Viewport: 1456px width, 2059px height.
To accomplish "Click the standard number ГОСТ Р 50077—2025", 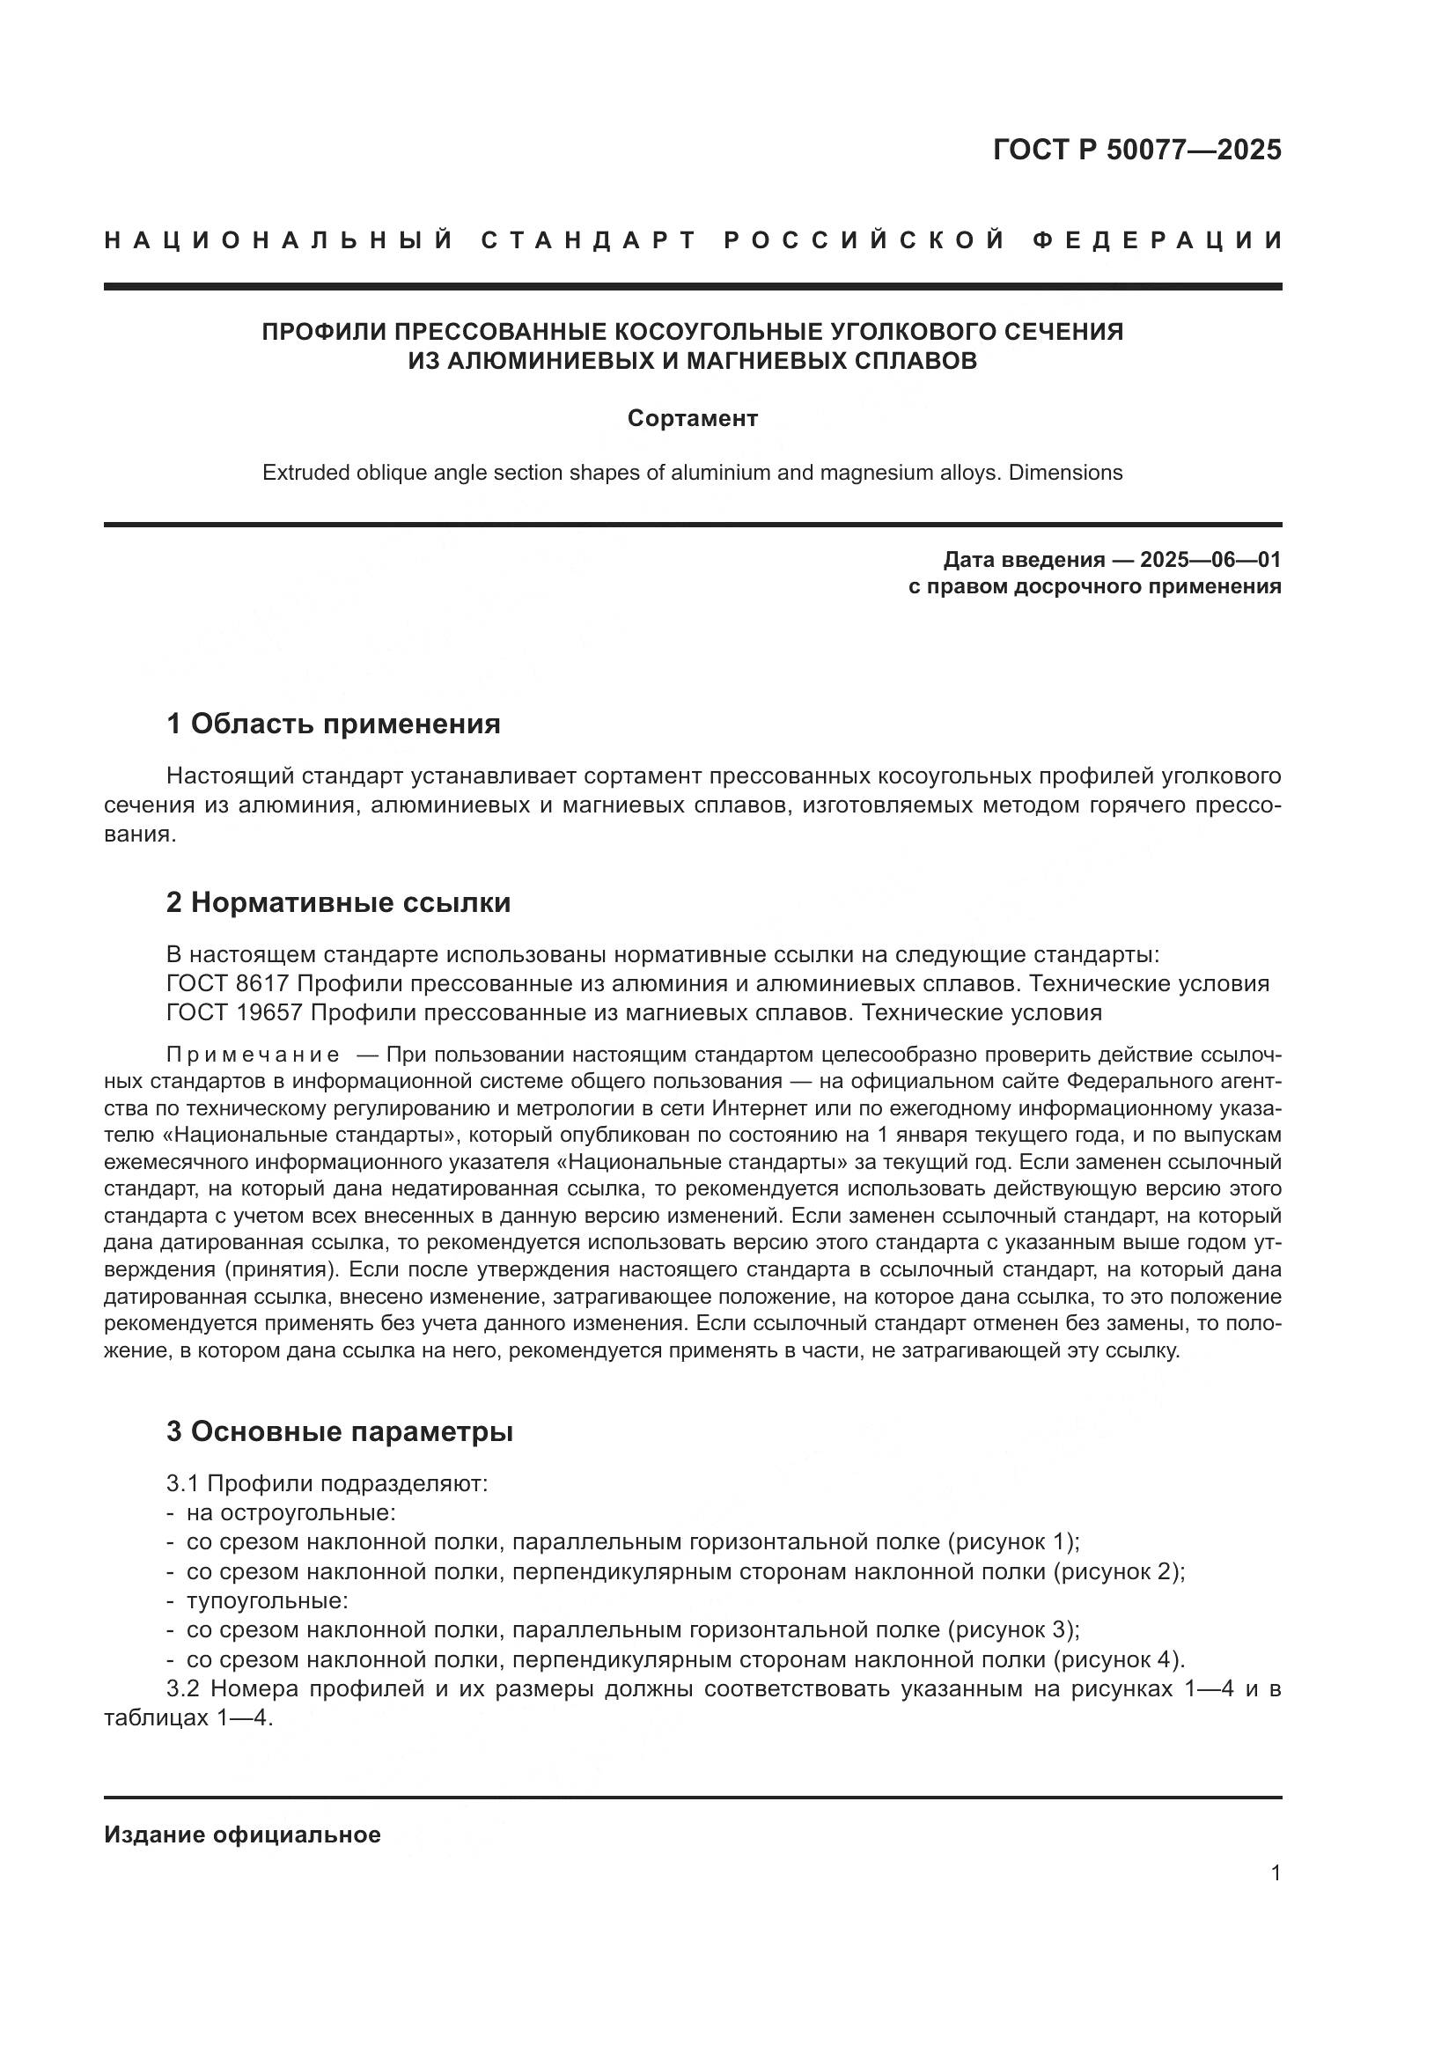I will pos(1136,150).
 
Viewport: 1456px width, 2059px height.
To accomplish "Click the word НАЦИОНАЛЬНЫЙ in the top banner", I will pos(279,240).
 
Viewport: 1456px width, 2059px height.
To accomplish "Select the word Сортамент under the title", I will pos(692,419).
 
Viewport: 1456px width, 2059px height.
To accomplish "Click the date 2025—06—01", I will pos(1210,561).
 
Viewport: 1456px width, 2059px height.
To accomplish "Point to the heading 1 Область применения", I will pos(333,723).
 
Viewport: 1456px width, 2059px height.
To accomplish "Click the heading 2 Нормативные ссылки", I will pos(338,902).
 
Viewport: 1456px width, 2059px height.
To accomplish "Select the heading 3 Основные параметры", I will pos(339,1431).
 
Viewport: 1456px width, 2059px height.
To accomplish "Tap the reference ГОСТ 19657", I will pos(235,1013).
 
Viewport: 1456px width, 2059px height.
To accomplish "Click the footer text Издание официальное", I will pos(242,1835).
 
